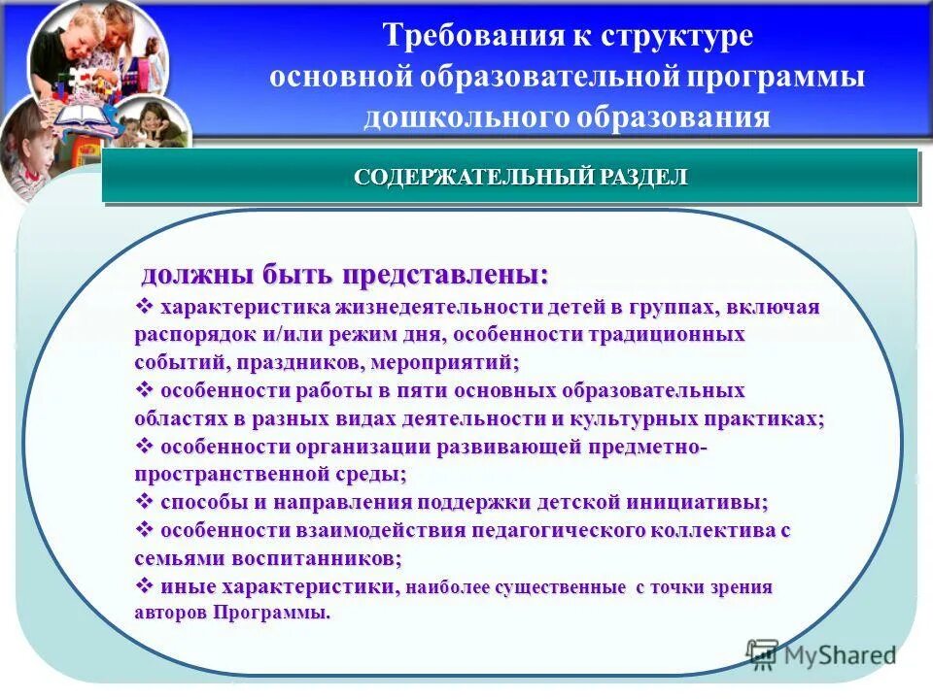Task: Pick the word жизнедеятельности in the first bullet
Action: pyautogui.click(x=418, y=308)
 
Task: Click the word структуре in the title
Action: pyautogui.click(x=676, y=36)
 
